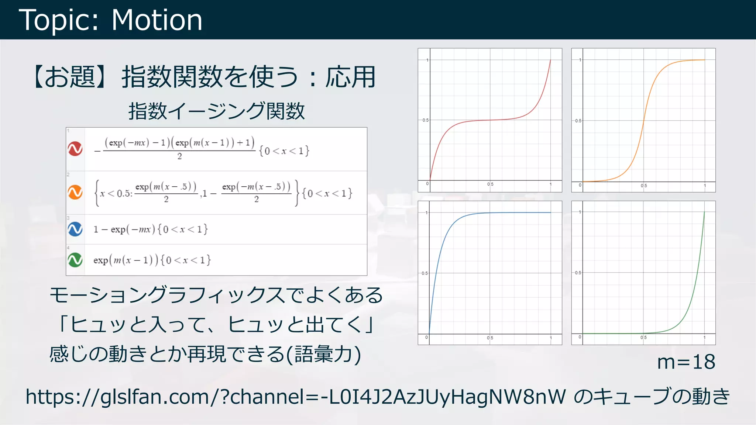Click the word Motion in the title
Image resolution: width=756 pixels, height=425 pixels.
click(157, 20)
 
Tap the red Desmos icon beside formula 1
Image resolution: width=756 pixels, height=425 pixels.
click(75, 149)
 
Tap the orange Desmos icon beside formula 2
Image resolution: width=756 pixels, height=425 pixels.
click(75, 192)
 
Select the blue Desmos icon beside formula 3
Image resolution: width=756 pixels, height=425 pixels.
click(75, 229)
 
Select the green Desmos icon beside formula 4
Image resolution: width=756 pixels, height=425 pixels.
click(75, 260)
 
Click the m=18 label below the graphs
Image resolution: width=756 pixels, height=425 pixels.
click(686, 362)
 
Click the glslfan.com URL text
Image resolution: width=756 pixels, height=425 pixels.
click(295, 397)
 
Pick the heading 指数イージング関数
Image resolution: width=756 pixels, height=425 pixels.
click(216, 111)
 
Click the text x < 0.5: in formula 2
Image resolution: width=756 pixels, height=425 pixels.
click(116, 193)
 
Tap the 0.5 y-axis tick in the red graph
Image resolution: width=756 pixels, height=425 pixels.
click(425, 120)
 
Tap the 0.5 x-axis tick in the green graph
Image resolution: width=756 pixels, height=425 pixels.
click(643, 338)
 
